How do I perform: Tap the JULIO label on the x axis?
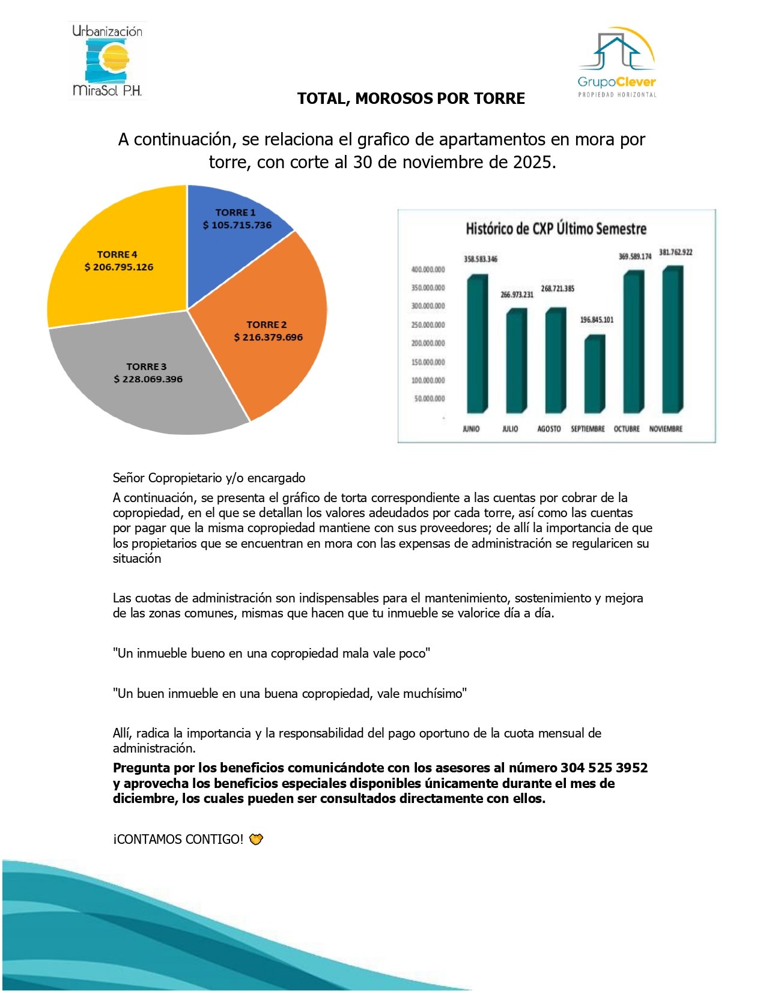(x=510, y=429)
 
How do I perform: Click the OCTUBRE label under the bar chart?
(x=627, y=429)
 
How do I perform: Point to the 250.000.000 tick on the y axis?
(x=428, y=325)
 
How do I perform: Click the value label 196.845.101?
(x=597, y=320)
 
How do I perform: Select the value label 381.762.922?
(x=675, y=252)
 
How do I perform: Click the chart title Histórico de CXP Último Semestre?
(x=556, y=229)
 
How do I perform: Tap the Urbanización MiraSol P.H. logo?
(x=107, y=60)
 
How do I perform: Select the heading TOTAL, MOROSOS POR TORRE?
(x=411, y=98)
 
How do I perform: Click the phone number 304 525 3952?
(x=604, y=768)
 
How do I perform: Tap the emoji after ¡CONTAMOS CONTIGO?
(x=256, y=839)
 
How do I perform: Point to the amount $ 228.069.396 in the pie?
(x=148, y=379)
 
